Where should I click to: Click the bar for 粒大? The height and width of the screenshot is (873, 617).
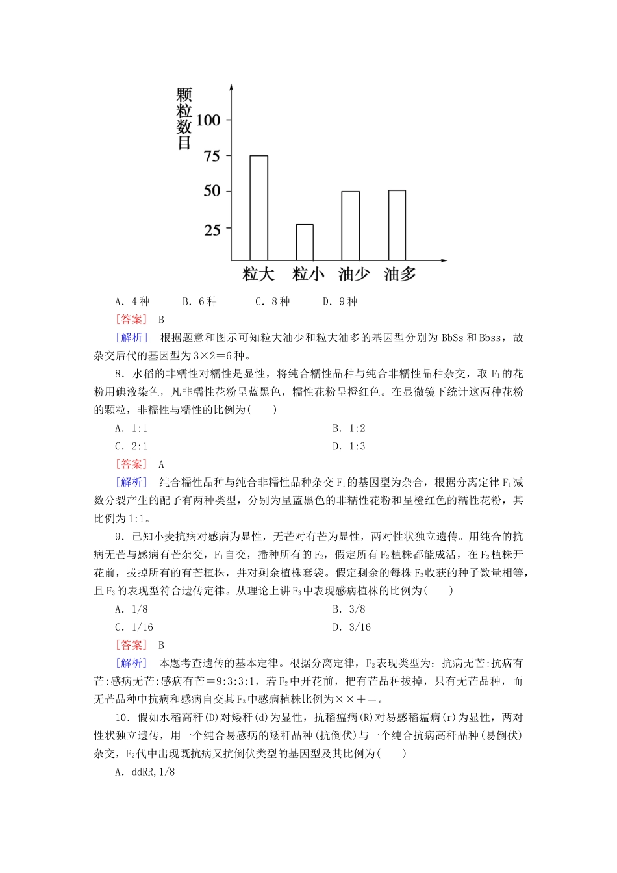coord(258,208)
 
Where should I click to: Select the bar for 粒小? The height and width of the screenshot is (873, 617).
coord(305,242)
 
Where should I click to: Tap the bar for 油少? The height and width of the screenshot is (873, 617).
coord(351,225)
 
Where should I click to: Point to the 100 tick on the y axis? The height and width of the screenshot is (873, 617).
coord(208,120)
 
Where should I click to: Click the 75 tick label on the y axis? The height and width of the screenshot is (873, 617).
coord(212,156)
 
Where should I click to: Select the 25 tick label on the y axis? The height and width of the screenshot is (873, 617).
coord(212,230)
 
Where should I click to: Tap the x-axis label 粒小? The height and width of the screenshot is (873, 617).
coord(308,274)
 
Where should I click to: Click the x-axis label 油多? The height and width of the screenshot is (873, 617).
coord(400,274)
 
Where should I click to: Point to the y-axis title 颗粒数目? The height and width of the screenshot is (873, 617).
coord(184,119)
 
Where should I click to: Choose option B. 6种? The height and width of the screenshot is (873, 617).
coord(199,301)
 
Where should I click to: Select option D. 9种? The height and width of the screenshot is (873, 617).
coord(340,301)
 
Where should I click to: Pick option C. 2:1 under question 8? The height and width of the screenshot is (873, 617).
coord(131,446)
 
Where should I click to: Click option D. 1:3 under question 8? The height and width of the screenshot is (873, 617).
coord(349,446)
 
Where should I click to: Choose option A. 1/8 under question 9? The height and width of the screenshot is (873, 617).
coord(131,609)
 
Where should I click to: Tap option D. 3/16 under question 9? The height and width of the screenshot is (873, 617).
coord(351,627)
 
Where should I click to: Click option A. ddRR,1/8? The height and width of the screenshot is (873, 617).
coord(145,772)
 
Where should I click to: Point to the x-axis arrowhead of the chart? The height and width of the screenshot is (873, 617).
coord(444,260)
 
